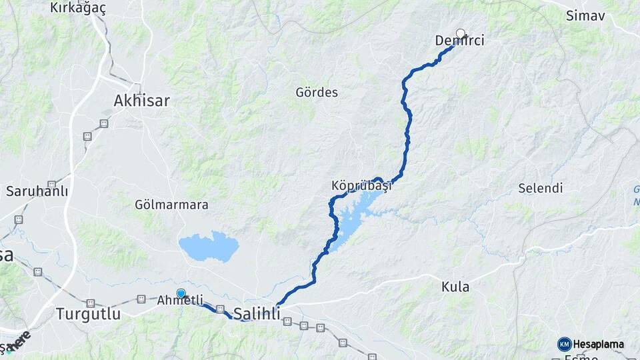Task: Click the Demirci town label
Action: [459, 41]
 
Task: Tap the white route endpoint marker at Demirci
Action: [461, 33]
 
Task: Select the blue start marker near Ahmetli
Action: [181, 293]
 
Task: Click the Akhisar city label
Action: [142, 101]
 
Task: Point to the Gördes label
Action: [317, 93]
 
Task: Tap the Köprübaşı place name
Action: [360, 186]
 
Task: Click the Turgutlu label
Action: [89, 313]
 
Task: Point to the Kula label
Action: [455, 287]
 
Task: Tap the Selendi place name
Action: [541, 188]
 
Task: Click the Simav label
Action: [585, 15]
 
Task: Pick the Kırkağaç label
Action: [78, 8]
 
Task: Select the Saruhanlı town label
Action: [37, 191]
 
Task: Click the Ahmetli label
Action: [179, 301]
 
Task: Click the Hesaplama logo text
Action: [599, 345]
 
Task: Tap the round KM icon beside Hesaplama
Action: [565, 344]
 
